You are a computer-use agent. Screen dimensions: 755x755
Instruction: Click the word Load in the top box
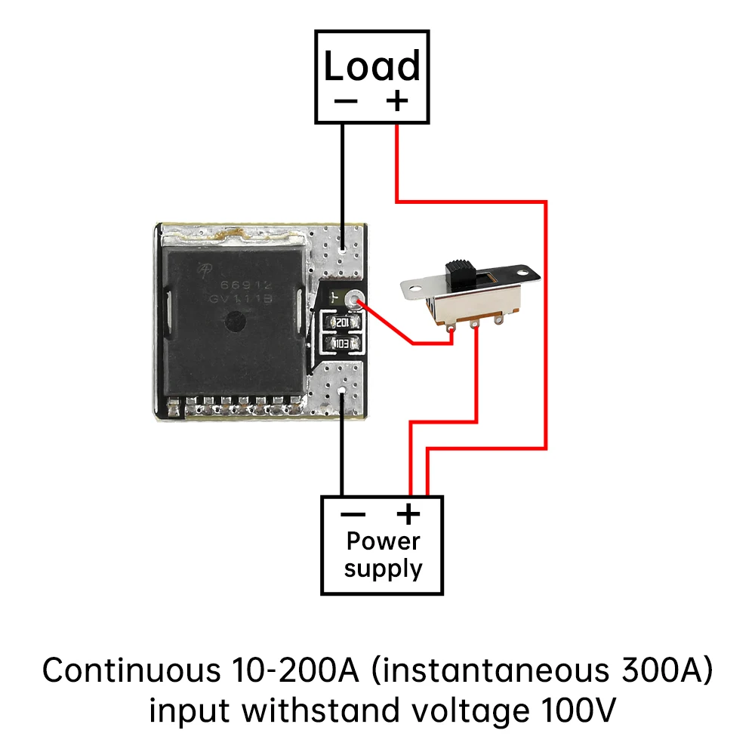coord(371,66)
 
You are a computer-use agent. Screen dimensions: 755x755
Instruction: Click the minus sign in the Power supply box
coord(353,515)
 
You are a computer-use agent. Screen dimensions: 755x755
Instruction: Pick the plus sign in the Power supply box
coord(408,515)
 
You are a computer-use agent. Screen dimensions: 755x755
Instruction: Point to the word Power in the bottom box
coord(383,541)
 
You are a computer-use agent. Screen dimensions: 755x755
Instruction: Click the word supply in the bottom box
coord(383,569)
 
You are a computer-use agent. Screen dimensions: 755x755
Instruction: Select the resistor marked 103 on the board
coord(345,344)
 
